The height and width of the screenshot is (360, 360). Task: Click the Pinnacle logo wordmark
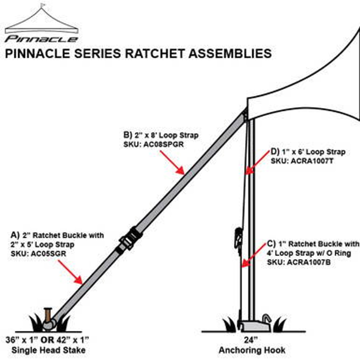[x=41, y=39]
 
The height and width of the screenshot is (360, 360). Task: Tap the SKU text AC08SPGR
[x=163, y=145]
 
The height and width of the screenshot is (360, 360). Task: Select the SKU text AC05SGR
[x=48, y=254]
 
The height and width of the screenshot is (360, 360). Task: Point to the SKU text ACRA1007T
[x=312, y=161]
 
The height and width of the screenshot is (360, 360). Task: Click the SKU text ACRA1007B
[x=308, y=262]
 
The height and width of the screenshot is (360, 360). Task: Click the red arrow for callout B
[x=172, y=163]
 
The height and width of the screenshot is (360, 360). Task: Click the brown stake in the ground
[x=48, y=315]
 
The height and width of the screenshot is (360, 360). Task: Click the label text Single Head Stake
[x=48, y=350]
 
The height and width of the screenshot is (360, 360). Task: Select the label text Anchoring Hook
[x=252, y=350]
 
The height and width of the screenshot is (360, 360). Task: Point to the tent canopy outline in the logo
[x=42, y=21]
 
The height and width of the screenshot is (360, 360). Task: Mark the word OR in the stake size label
[x=48, y=340]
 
